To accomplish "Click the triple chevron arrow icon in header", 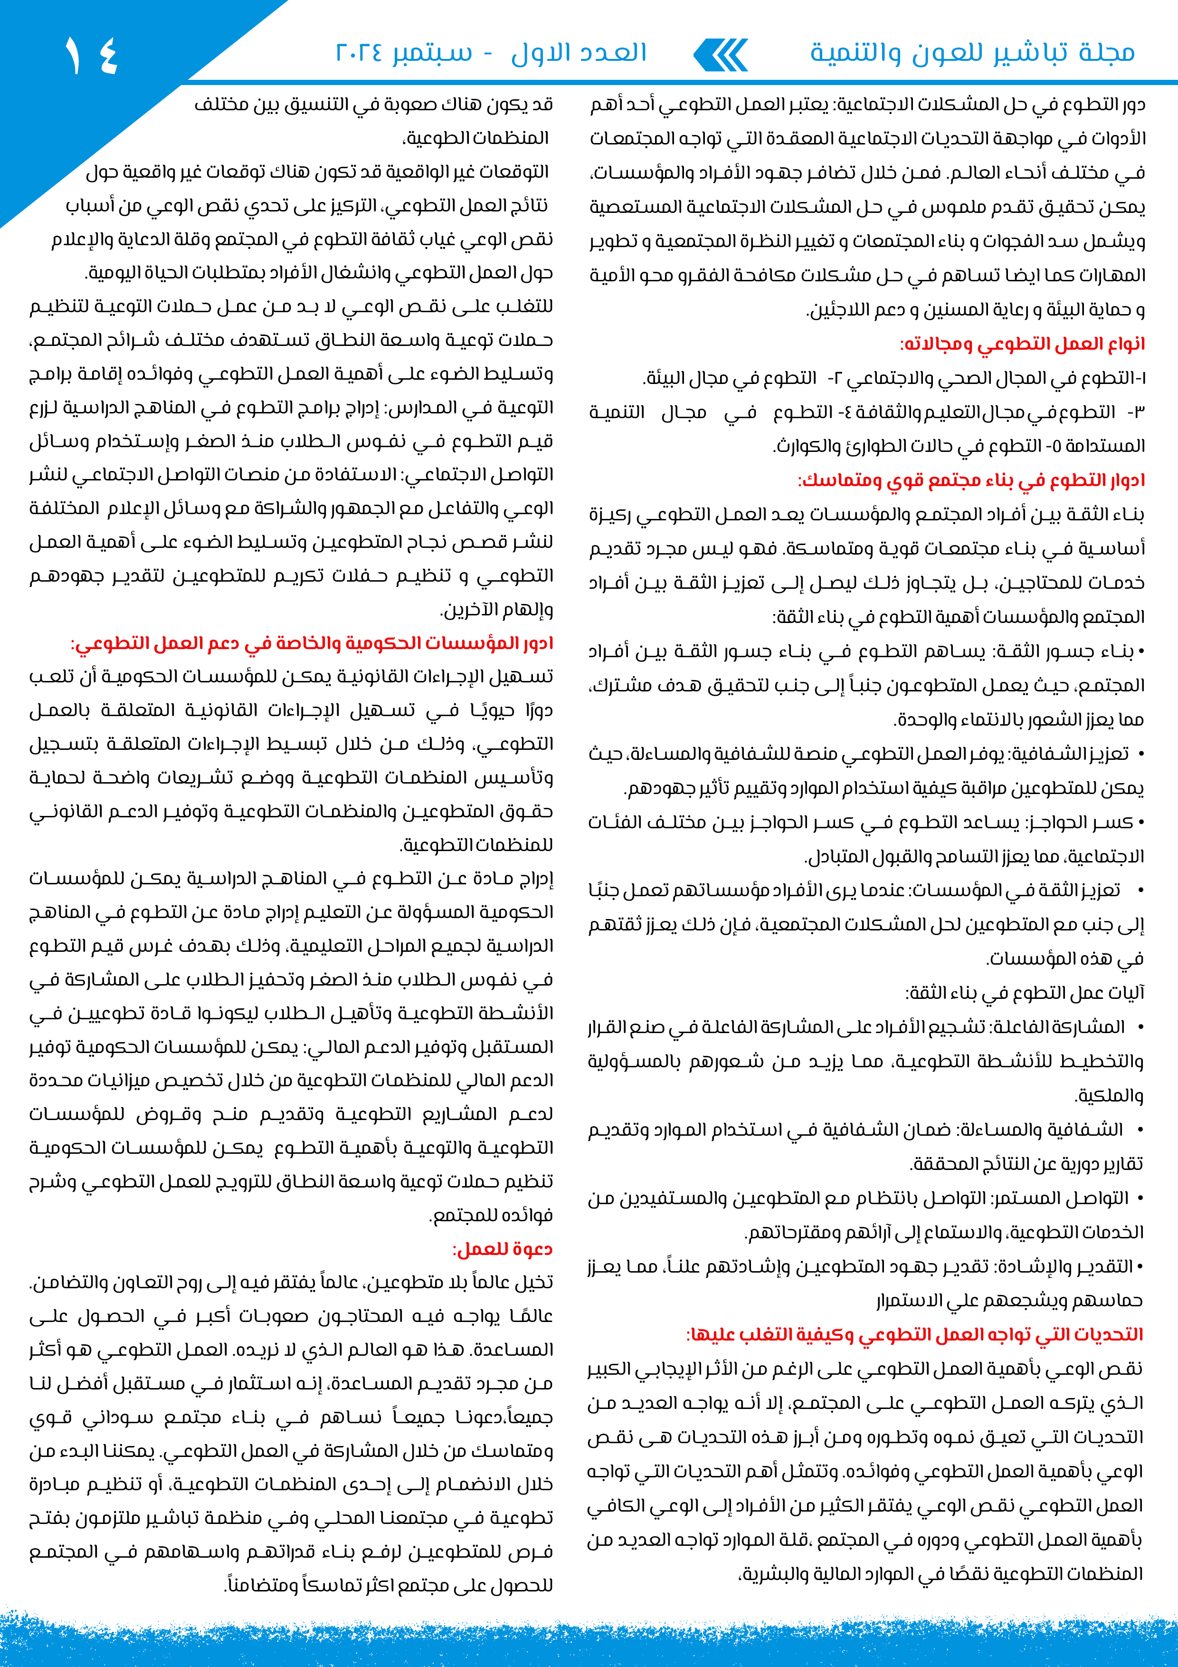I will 721,55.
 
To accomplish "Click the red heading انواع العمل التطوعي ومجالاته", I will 1022,344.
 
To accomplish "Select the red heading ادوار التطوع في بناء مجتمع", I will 971,480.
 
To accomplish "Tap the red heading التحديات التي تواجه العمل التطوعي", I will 914,1334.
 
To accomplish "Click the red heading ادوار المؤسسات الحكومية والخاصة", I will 312,644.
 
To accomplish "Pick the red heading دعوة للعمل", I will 502,1249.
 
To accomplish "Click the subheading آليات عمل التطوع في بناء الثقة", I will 1025,993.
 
